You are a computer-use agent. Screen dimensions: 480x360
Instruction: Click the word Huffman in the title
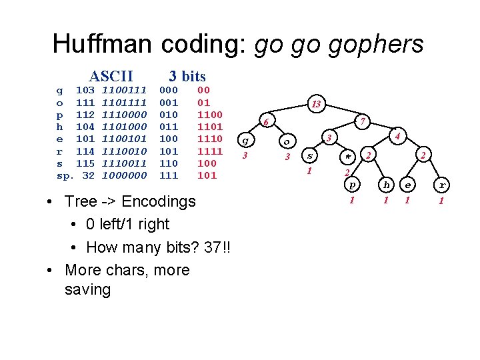101,44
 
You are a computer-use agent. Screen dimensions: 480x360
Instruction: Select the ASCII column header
111,76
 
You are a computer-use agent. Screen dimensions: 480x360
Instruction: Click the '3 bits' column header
187,76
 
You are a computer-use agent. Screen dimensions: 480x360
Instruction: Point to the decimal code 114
85,151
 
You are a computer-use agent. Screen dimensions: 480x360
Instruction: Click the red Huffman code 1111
210,151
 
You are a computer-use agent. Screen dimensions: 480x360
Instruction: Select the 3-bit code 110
169,163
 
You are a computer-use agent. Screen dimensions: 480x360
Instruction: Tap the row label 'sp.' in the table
64,175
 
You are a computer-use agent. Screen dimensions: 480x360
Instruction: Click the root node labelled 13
316,104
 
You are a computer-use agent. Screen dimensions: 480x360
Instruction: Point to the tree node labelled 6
265,123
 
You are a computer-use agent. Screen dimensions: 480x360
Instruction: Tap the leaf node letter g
245,141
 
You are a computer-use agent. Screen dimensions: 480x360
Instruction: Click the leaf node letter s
309,156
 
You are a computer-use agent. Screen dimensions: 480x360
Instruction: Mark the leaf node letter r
441,184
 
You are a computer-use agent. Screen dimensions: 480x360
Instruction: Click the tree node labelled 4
397,137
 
